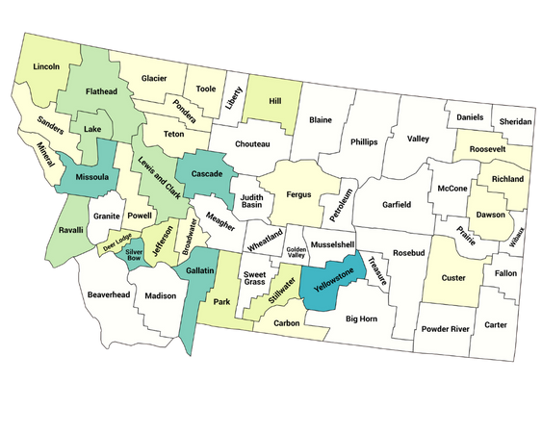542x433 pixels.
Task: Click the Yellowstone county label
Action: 327,280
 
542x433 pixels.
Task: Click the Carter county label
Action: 496,324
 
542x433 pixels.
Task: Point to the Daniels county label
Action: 470,117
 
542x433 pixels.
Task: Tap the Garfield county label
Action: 396,204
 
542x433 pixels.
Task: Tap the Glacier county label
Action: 154,77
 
